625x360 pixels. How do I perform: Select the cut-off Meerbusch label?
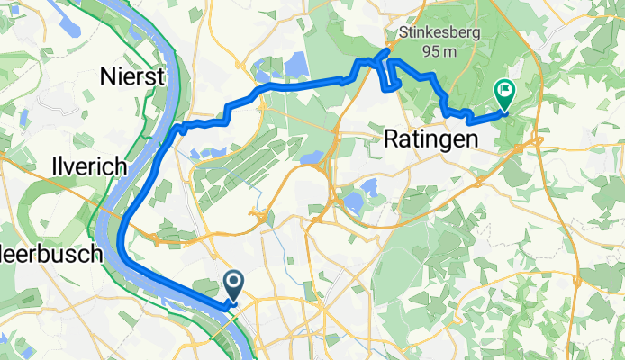point(54,254)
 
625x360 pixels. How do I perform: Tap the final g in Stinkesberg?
point(475,33)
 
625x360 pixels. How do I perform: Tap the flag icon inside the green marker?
point(503,91)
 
